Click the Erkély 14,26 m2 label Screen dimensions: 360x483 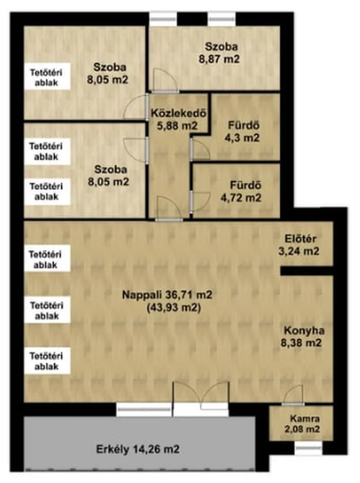click(138, 449)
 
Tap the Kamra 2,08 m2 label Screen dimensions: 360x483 click(302, 424)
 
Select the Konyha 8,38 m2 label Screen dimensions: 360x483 click(302, 337)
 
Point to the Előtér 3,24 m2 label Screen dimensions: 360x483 click(299, 245)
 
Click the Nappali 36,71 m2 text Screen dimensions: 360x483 click(167, 295)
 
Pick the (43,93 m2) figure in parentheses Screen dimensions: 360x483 click(174, 307)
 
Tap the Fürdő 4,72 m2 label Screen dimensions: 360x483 click(241, 192)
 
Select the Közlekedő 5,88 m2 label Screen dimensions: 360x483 click(178, 119)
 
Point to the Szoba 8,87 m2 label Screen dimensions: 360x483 click(219, 53)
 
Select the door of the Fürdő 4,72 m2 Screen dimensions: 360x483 click(199, 201)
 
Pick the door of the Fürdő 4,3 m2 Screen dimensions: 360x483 click(199, 149)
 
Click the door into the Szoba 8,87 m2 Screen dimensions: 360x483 click(165, 80)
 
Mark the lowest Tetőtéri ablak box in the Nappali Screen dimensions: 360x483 click(47, 361)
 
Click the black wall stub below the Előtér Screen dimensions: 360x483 click(307, 271)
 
